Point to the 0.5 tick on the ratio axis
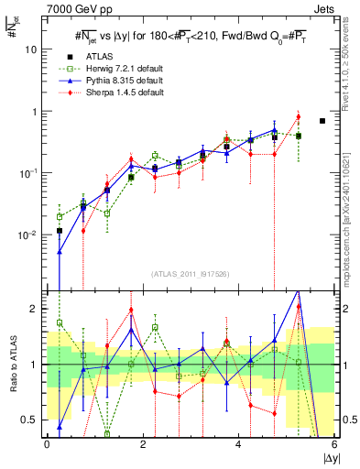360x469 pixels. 31,420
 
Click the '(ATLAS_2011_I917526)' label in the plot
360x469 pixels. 190,274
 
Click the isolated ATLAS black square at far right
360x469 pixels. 322,121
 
